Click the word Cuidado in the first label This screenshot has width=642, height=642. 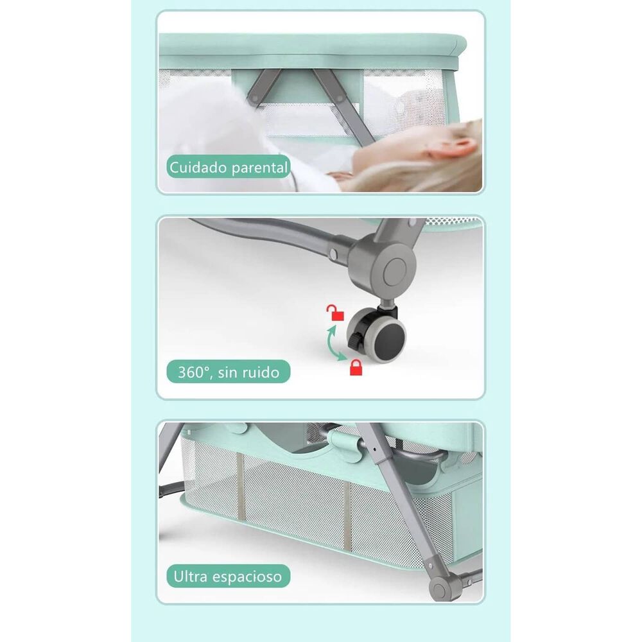(198, 168)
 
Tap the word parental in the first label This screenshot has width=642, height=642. (259, 168)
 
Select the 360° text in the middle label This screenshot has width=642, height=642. (194, 372)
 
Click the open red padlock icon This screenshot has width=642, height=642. (335, 313)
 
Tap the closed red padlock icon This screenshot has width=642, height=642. (356, 367)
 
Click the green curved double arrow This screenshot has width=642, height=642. (333, 343)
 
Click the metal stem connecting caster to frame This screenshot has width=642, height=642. (387, 304)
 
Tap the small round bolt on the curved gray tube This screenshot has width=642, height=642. (333, 254)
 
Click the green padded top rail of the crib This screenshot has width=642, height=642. (312, 45)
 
